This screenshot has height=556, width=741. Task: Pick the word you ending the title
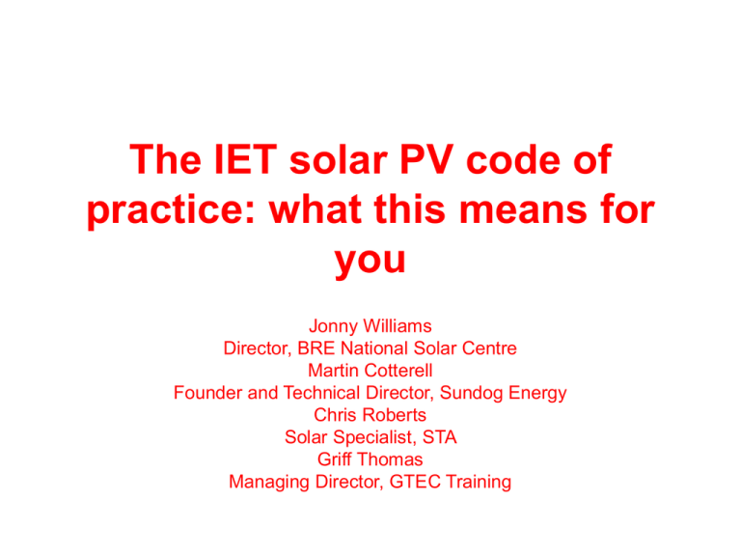370,261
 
